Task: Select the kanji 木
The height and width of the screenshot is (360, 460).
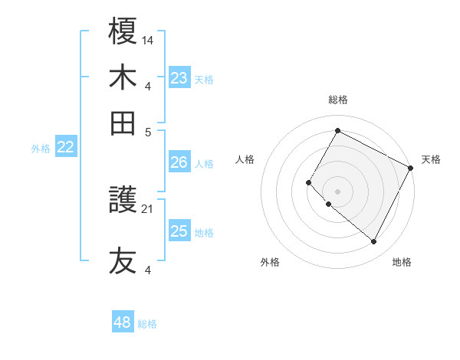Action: click(123, 77)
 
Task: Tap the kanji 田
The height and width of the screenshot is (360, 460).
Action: click(123, 123)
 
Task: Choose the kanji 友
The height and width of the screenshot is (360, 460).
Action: click(123, 260)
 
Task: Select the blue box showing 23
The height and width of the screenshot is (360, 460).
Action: click(179, 78)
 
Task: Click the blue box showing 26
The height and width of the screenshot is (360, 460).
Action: click(179, 162)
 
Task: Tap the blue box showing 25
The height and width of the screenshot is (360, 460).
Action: click(179, 231)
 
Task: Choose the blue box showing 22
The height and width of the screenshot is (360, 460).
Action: click(65, 148)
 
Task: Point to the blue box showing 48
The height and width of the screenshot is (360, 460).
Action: click(122, 322)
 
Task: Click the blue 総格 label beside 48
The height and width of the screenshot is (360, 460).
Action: click(147, 324)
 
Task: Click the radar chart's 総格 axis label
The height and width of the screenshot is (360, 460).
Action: click(337, 100)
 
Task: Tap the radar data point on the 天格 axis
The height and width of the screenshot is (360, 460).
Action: click(411, 168)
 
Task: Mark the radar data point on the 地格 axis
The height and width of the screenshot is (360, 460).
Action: click(374, 242)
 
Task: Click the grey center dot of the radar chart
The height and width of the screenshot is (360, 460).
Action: click(337, 191)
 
